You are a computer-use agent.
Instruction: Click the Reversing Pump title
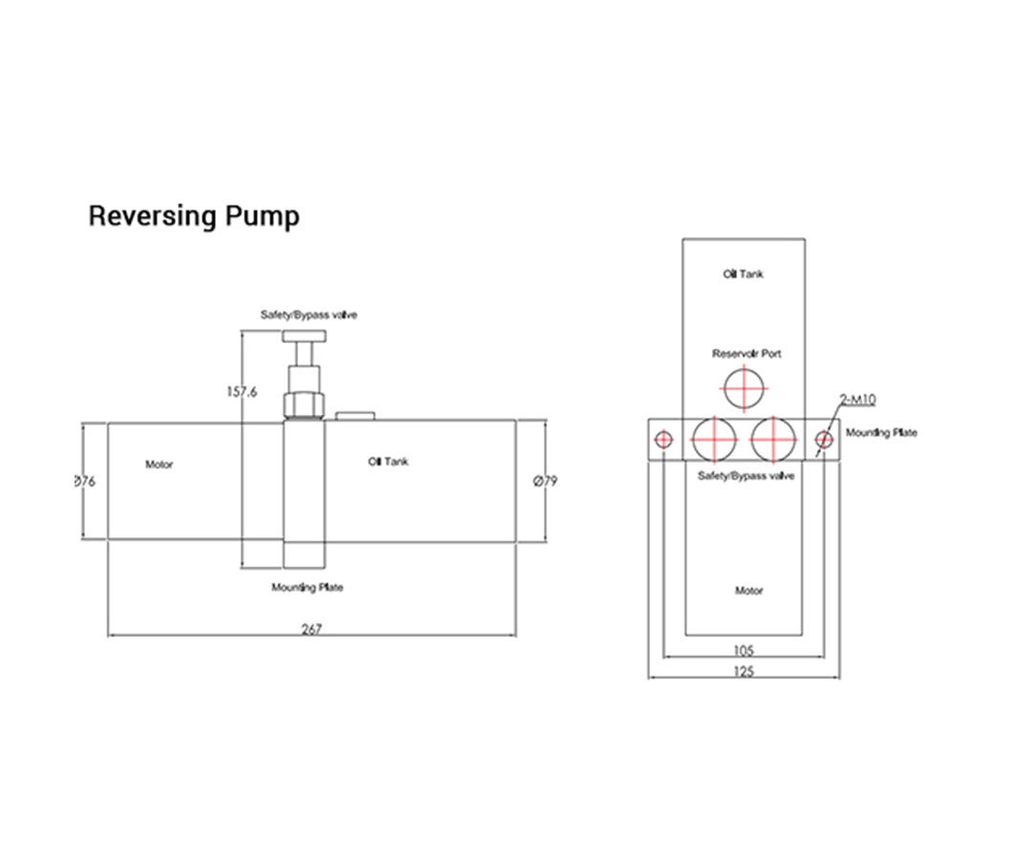(193, 216)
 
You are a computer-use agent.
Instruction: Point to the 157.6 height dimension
(242, 391)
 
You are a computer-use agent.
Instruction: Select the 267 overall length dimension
(312, 628)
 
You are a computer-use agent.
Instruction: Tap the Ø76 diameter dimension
(84, 482)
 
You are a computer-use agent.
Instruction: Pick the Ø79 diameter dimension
(544, 482)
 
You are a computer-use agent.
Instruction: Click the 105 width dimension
(744, 650)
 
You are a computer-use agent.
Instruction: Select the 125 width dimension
(744, 671)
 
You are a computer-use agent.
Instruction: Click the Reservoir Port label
(746, 354)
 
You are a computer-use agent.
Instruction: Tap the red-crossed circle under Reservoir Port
(745, 390)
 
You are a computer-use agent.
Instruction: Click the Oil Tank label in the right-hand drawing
(743, 274)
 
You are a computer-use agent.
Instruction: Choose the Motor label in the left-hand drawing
(160, 466)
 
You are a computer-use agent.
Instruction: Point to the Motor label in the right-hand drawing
(748, 591)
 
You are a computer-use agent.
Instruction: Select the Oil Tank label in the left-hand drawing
(388, 462)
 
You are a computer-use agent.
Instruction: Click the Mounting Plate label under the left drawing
(307, 588)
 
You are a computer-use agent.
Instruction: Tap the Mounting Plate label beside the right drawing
(881, 433)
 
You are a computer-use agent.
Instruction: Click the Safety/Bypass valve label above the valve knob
(309, 314)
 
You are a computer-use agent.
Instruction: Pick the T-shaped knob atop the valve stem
(305, 337)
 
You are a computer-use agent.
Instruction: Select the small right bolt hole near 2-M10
(824, 439)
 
